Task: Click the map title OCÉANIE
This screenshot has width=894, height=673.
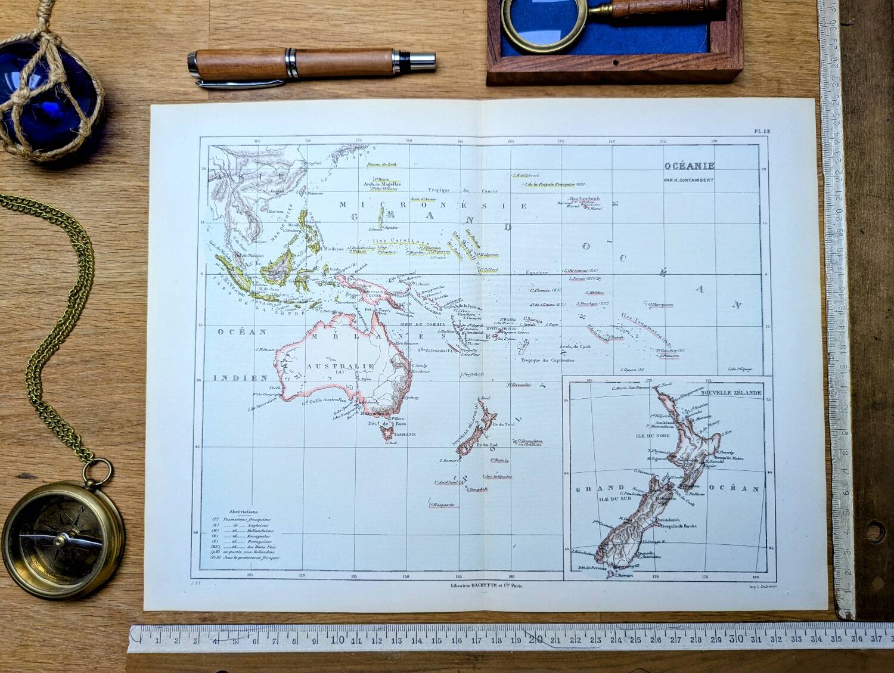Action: pos(690,166)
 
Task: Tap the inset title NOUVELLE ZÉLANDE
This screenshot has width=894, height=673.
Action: pos(731,394)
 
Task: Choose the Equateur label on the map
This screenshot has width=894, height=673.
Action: pos(536,272)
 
